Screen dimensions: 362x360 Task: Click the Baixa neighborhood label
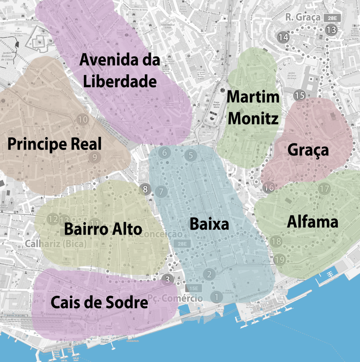[x=209, y=224]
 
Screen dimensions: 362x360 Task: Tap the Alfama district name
[x=312, y=222]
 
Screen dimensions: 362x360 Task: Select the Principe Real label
[x=54, y=144]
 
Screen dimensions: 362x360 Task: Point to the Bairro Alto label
[x=103, y=229]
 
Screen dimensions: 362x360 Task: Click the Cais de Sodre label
[x=99, y=302]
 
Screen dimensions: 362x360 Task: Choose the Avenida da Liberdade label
[x=120, y=71]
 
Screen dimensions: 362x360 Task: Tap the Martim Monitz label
[x=253, y=107]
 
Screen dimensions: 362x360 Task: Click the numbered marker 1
[x=216, y=297]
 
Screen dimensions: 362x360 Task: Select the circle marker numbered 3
[x=167, y=280]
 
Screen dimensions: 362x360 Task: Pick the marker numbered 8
[x=145, y=189]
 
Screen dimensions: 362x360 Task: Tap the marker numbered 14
[x=283, y=37]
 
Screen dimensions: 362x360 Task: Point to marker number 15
[x=300, y=96]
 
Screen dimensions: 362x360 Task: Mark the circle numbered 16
[x=269, y=188]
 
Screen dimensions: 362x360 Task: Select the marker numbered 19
[x=280, y=259]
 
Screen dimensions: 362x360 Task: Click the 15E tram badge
[x=194, y=288]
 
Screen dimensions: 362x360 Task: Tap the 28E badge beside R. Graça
[x=332, y=18]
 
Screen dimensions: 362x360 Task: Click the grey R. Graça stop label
[x=303, y=17]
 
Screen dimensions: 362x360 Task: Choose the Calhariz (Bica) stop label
[x=56, y=243]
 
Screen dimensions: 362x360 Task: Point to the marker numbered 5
[x=191, y=155]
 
